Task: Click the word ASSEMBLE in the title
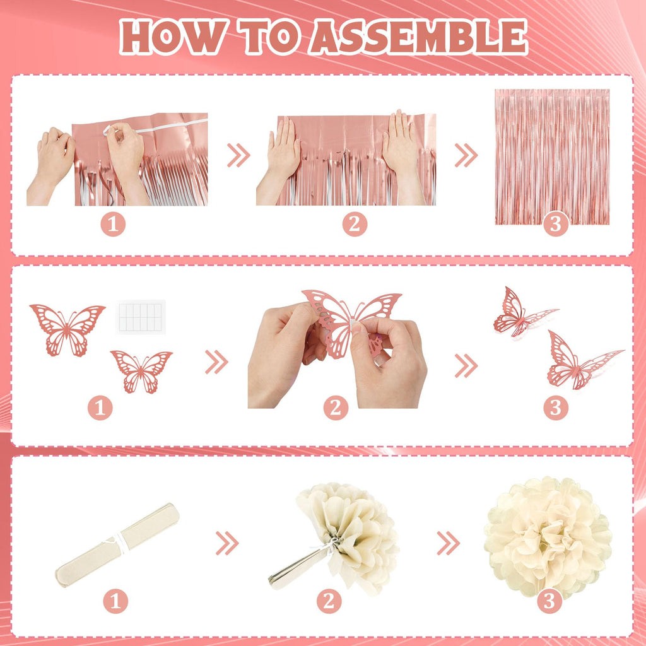coord(419,37)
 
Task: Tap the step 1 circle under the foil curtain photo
coord(113,224)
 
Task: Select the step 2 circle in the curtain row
coord(355,224)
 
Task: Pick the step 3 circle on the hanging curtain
coord(556,224)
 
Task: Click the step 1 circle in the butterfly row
coord(100,408)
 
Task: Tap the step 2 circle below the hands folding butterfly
coord(336,408)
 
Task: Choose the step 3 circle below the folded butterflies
coord(556,408)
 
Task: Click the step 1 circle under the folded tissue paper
coord(115,601)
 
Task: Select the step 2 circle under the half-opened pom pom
coord(329,601)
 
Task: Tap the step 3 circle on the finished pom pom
coord(549,601)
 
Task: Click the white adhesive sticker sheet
coord(141,317)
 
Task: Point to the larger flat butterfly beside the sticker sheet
coord(68,329)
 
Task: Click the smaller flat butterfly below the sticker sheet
coord(141,372)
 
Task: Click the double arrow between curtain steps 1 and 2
coord(238,155)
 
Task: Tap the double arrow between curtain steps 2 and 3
coord(466,155)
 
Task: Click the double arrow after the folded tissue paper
coord(227,543)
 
